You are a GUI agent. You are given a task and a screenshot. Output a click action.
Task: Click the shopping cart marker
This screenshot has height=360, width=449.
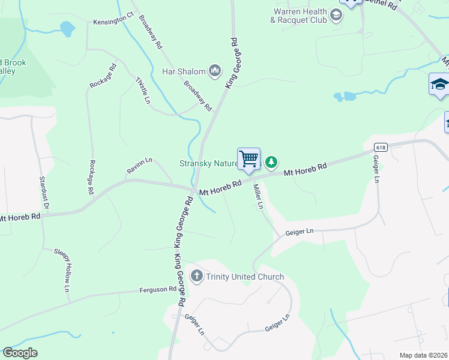click(249, 159)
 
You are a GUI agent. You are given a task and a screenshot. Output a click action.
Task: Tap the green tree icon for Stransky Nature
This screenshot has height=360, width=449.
click(272, 161)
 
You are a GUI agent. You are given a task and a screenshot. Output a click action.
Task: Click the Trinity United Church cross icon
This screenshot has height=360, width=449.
click(196, 277)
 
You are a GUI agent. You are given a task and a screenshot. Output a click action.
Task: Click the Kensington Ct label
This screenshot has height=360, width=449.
click(113, 22)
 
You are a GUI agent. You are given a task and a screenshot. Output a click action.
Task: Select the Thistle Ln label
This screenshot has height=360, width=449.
click(142, 91)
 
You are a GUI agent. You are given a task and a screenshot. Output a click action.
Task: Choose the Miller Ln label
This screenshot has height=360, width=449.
click(258, 197)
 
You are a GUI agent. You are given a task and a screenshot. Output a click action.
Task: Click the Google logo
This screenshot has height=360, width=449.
click(20, 353)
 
